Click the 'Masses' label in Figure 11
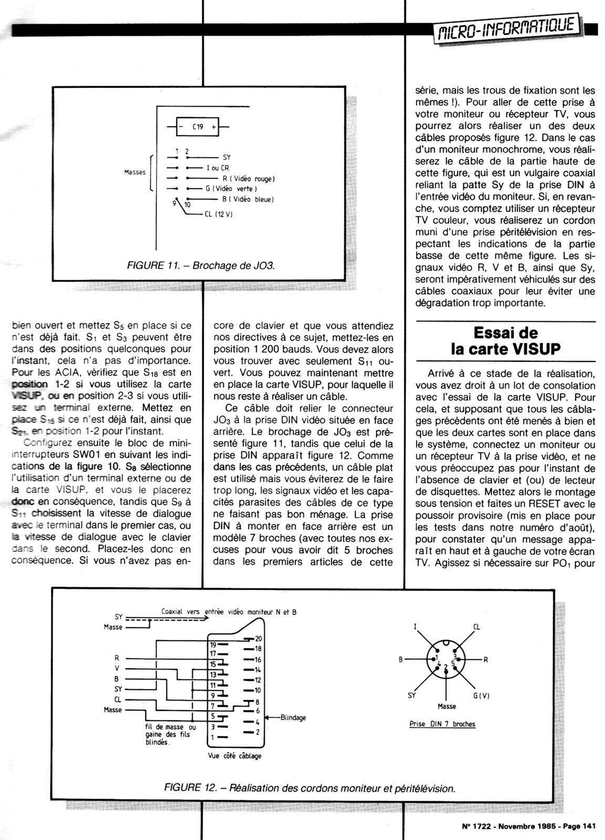(135, 172)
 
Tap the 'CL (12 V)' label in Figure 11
(215, 214)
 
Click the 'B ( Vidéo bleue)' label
(248, 199)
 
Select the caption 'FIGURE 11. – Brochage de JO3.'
(202, 266)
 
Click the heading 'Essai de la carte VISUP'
(506, 341)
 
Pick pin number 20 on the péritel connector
(258, 638)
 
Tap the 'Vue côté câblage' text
(235, 755)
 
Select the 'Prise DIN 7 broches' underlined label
(442, 724)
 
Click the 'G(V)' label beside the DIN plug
(481, 696)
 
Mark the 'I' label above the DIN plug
(415, 626)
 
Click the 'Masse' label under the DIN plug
(446, 706)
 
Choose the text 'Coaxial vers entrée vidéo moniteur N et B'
(228, 612)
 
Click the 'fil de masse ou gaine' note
(170, 734)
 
